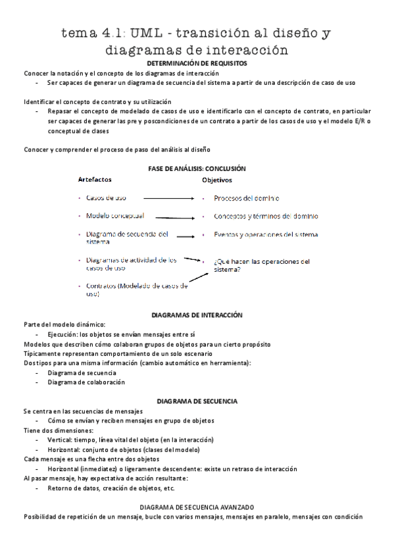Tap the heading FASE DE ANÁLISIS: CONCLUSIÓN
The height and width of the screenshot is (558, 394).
tap(197, 168)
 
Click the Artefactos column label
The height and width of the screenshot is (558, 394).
tap(95, 179)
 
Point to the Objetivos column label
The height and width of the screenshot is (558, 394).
tap(217, 180)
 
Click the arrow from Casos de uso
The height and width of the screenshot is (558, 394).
tap(168, 197)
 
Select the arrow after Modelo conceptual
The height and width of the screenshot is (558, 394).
tap(174, 216)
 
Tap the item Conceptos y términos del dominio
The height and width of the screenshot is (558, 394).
tap(266, 216)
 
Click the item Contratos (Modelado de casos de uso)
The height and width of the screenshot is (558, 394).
tap(136, 290)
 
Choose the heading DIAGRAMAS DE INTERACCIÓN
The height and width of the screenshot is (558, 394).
tap(197, 316)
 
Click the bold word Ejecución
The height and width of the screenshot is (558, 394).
tap(64, 335)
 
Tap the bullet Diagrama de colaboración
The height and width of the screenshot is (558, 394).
tap(86, 382)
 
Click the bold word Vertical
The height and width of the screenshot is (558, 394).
tap(61, 440)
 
